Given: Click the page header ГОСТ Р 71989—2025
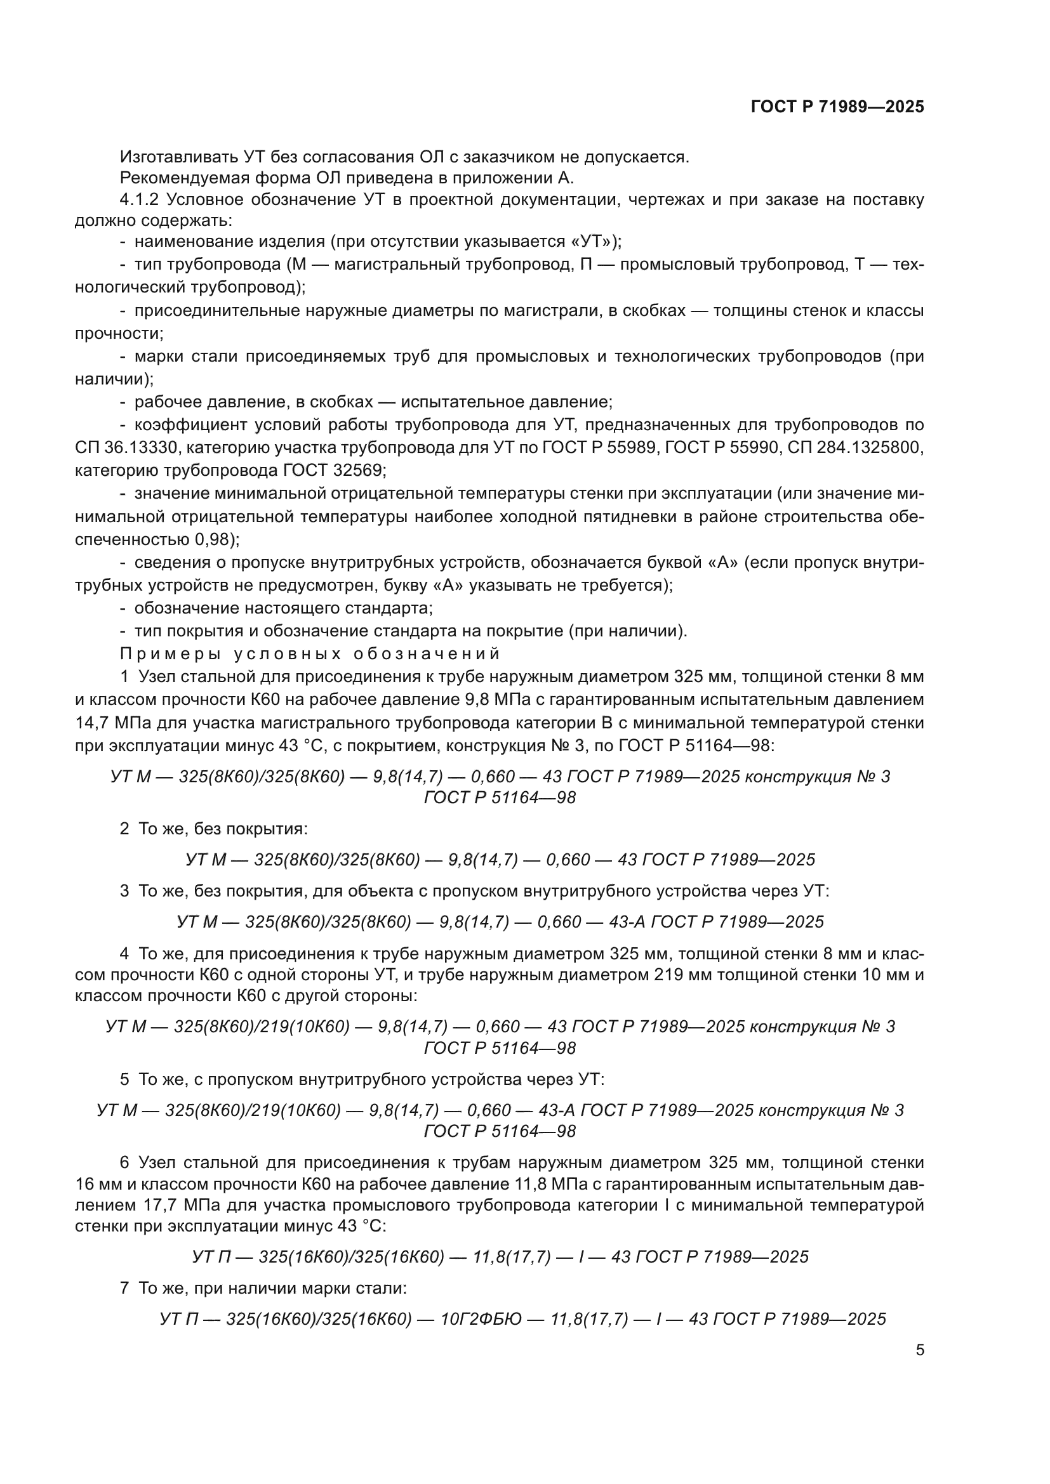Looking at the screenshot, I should (x=837, y=107).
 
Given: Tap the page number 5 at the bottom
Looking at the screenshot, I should (x=920, y=1350).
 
